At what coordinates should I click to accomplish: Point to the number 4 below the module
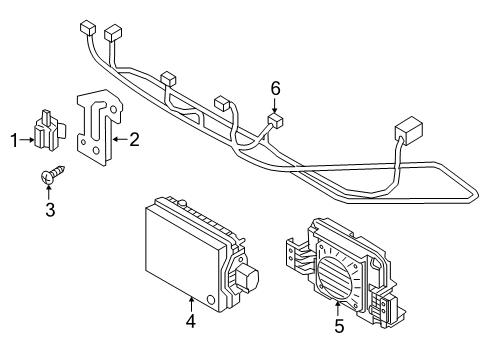[x=191, y=321]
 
